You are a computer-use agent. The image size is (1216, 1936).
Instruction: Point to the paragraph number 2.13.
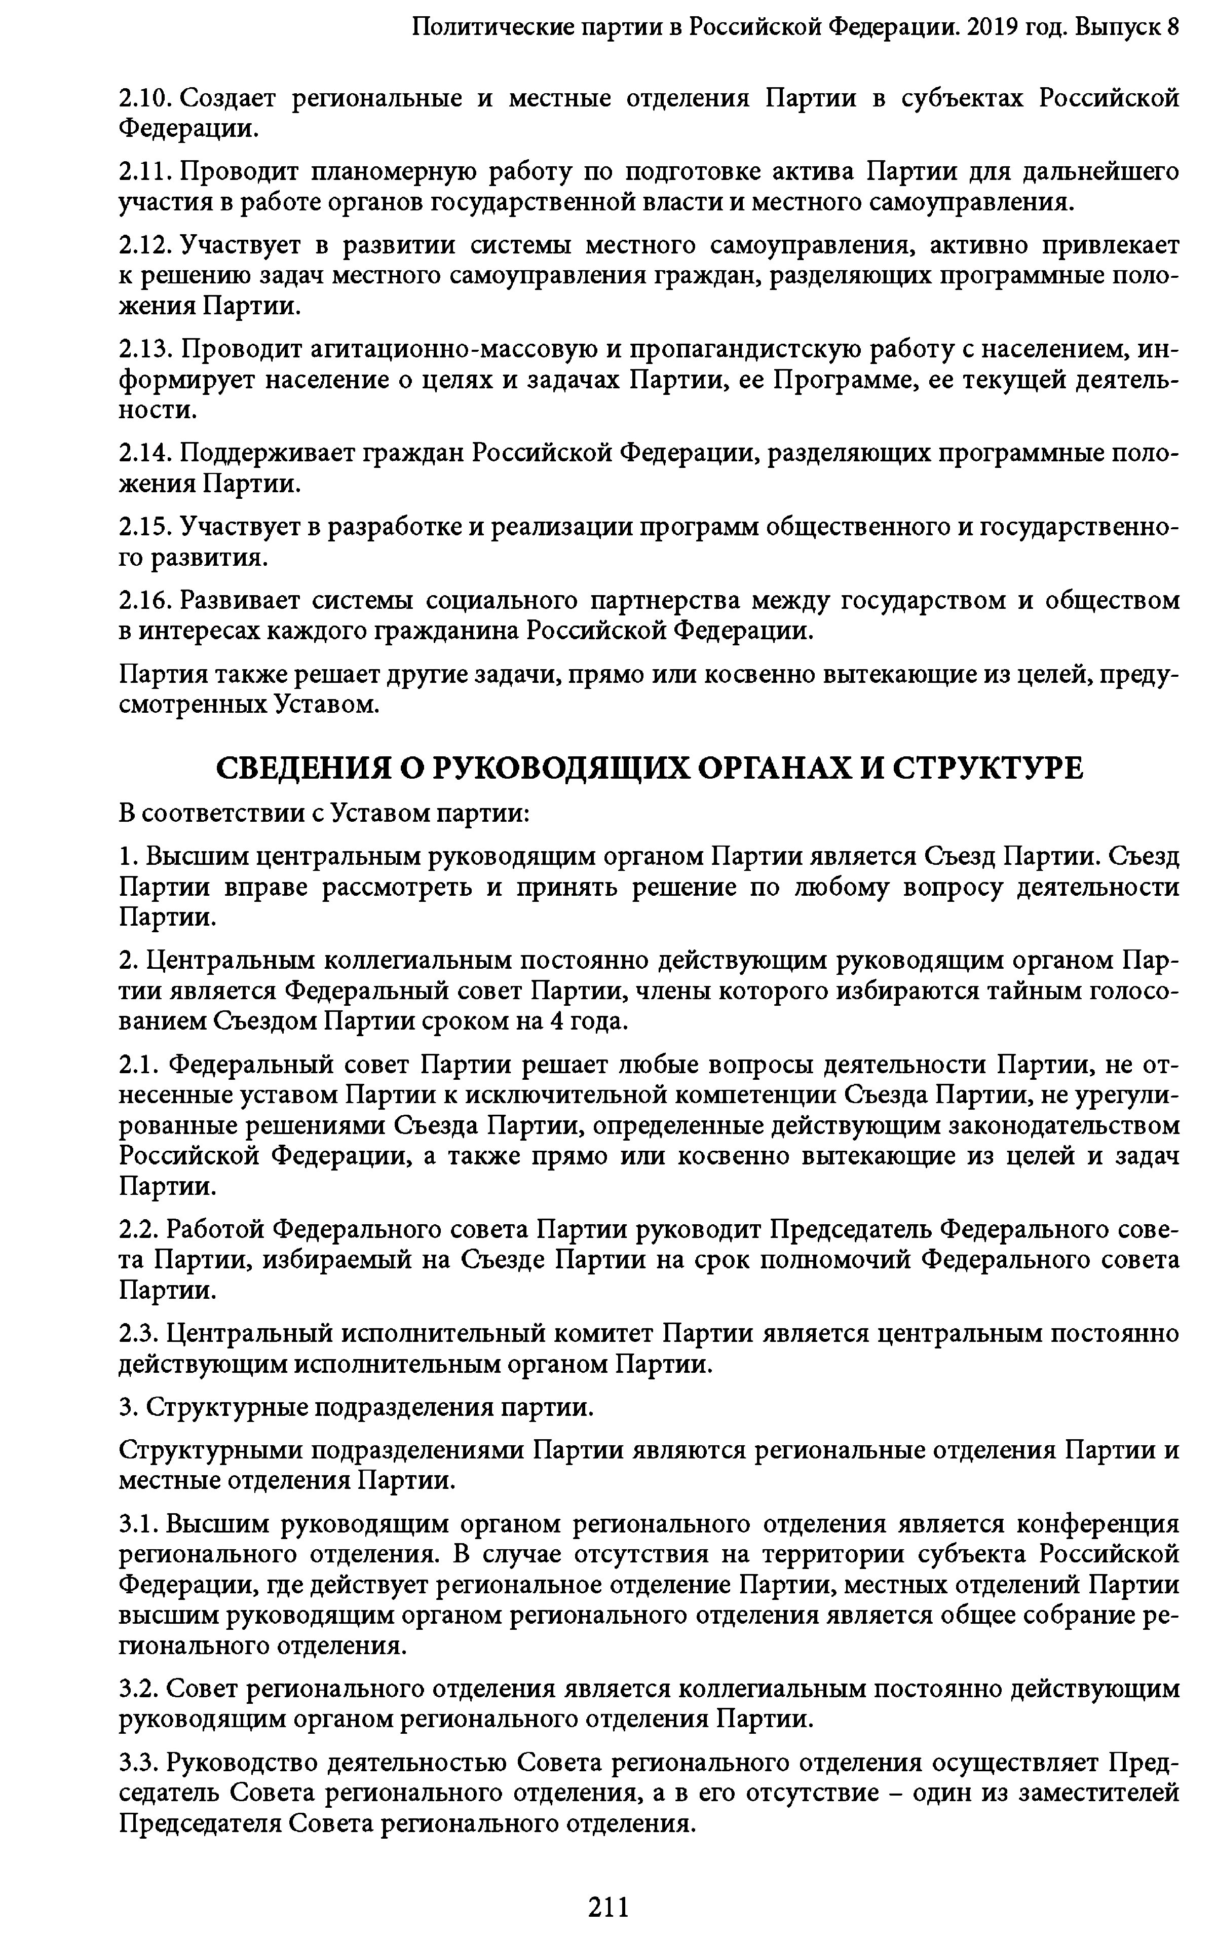tap(145, 350)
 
